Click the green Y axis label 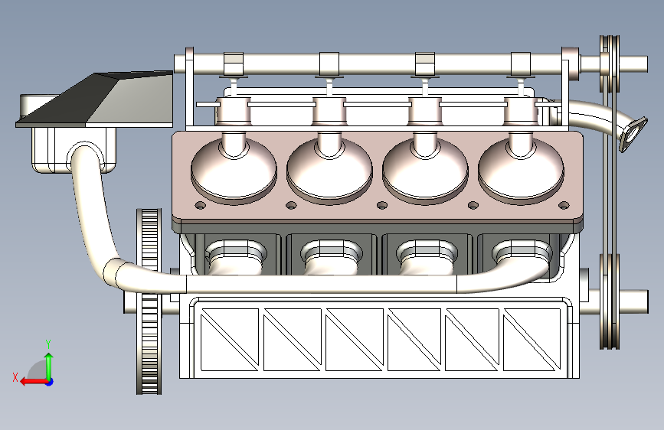[x=48, y=344]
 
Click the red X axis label [x=15, y=377]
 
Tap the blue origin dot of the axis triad [x=50, y=382]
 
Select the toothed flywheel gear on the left [x=149, y=301]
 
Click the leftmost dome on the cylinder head [x=234, y=169]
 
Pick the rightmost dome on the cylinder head [x=521, y=169]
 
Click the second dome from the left [x=329, y=169]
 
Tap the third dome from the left [x=425, y=169]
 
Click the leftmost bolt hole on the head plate [x=201, y=206]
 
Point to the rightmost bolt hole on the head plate [x=564, y=206]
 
